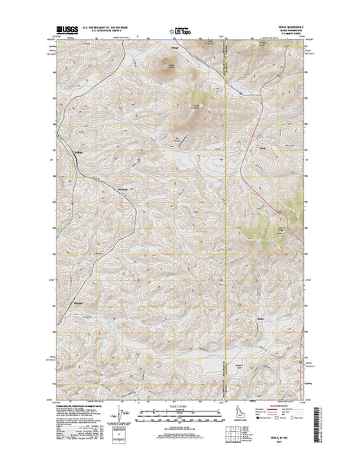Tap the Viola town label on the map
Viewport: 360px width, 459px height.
tap(262, 147)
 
